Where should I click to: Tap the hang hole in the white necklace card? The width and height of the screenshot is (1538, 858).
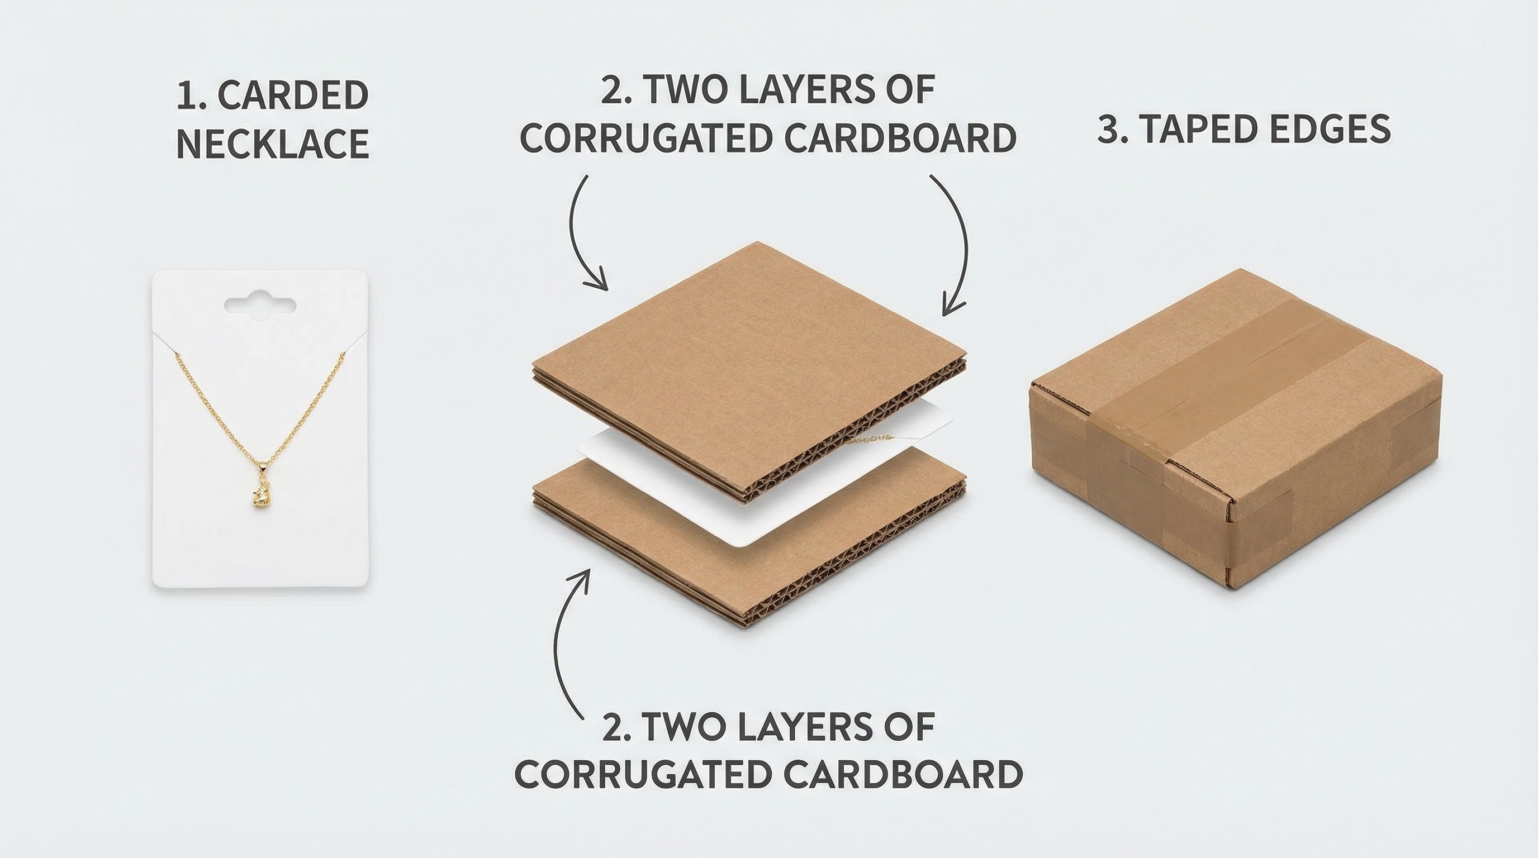pos(260,304)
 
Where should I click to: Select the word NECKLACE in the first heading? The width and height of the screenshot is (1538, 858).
pos(272,144)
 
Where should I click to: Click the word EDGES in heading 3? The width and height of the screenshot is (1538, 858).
pos(1332,129)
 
